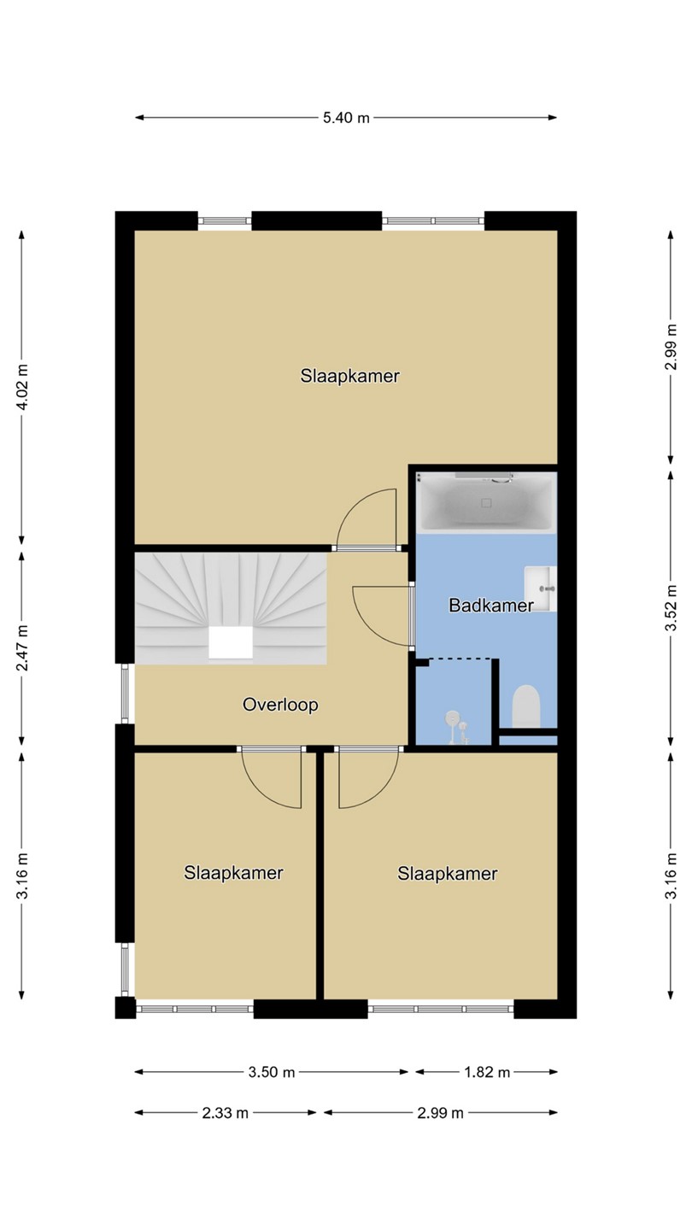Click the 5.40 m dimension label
pyautogui.click(x=346, y=118)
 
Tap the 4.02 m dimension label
pyautogui.click(x=22, y=387)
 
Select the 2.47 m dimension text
pyautogui.click(x=22, y=648)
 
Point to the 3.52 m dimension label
pyautogui.click(x=670, y=608)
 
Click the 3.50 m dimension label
pyautogui.click(x=272, y=1072)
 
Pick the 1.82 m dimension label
pyautogui.click(x=487, y=1072)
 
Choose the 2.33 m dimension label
pyautogui.click(x=226, y=1113)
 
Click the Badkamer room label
pyautogui.click(x=491, y=606)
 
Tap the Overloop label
pyautogui.click(x=280, y=705)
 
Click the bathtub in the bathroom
pyautogui.click(x=487, y=502)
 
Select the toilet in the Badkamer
pyautogui.click(x=526, y=706)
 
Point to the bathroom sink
pyautogui.click(x=541, y=589)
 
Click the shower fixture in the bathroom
pyautogui.click(x=457, y=726)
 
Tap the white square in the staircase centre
pyautogui.click(x=231, y=642)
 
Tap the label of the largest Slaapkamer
pyautogui.click(x=350, y=376)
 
